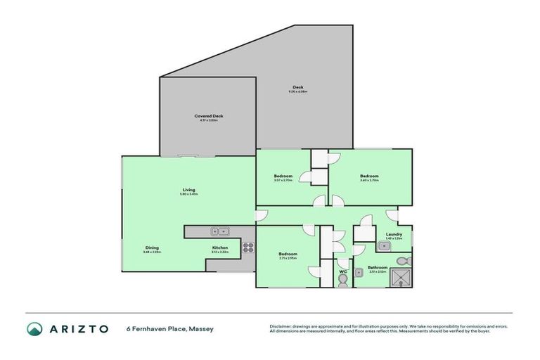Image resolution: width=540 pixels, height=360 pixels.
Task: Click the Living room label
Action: [x=188, y=190]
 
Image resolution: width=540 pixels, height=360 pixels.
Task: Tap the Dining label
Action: [x=152, y=248]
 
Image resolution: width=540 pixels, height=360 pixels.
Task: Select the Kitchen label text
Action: [x=220, y=248]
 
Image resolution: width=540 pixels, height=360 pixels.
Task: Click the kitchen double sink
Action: [x=219, y=231]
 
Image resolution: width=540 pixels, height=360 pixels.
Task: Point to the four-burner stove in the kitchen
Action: [x=248, y=247]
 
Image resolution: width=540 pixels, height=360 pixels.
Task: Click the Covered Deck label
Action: [x=208, y=116]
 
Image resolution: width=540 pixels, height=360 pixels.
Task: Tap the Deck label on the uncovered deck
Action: [x=298, y=88]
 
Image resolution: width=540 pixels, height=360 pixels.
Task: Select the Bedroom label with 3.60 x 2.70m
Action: [x=369, y=176]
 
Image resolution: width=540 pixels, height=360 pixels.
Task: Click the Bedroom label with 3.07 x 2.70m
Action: [x=283, y=176]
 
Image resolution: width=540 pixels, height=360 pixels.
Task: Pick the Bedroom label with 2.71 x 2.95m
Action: [x=288, y=254]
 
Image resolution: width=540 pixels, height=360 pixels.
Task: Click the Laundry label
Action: [x=394, y=234]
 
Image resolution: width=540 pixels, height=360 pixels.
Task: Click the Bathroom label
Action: [x=378, y=267]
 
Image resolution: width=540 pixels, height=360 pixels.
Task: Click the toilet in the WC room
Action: [x=343, y=281]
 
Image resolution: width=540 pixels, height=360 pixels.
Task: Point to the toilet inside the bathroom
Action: [x=401, y=262]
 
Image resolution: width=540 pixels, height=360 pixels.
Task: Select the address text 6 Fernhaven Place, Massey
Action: [x=169, y=328]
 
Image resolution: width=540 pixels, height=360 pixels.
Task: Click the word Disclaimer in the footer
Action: [x=281, y=326]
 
